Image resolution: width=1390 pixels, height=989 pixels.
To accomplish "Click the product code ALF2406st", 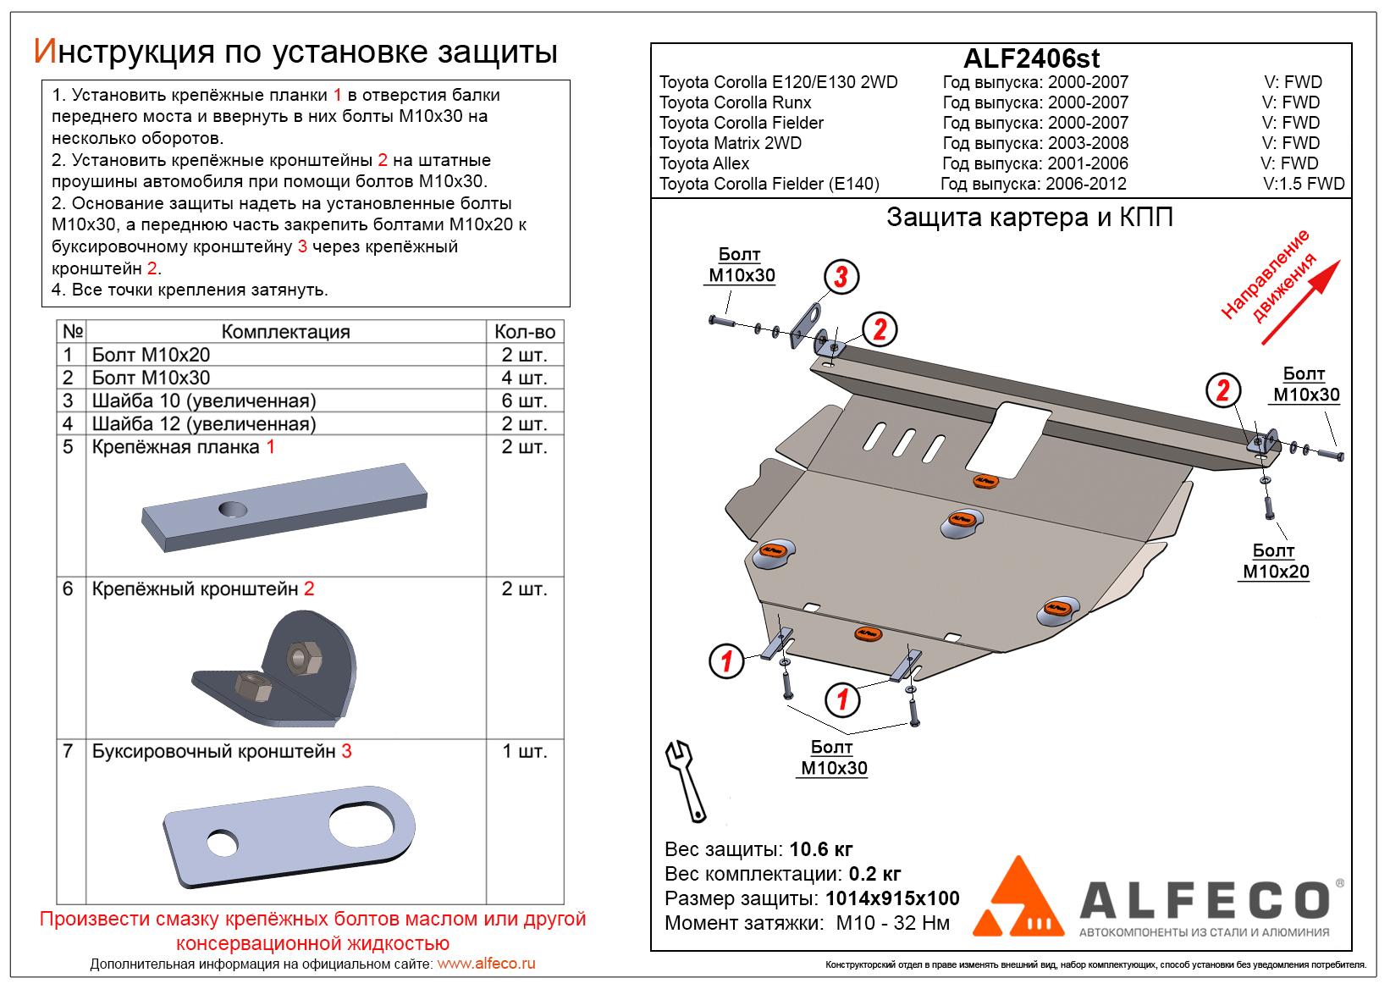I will [1031, 58].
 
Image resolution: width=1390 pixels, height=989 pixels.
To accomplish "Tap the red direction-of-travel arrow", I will [1301, 301].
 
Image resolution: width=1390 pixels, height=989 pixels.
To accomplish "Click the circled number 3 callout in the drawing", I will [841, 277].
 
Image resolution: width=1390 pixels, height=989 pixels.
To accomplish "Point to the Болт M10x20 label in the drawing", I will [1275, 561].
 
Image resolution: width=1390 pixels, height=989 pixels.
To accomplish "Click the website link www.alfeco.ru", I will [486, 964].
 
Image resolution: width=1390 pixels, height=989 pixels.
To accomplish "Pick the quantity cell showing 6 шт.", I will [524, 401].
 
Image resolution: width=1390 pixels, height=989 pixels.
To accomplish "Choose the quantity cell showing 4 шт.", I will [524, 378].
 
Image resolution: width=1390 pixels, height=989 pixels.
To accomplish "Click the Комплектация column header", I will [285, 332].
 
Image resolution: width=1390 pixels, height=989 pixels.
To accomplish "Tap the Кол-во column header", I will [524, 332].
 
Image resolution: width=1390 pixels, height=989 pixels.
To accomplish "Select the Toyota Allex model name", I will [704, 163].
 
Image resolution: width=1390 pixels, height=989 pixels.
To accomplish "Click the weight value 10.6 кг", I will [820, 849].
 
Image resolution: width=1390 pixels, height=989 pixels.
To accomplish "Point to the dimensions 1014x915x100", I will [892, 898].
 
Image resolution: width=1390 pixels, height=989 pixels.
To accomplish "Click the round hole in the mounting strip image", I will [232, 509].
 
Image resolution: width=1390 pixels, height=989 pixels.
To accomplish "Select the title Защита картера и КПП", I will [1029, 218].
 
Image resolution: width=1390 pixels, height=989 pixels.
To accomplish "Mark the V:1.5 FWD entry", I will [1304, 184].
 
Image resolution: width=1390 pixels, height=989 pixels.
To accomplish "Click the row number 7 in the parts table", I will [69, 751].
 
